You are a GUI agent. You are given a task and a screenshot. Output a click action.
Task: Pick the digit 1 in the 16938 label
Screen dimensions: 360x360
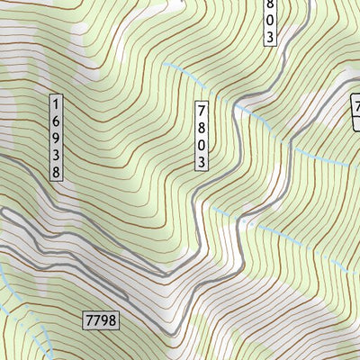pos(58,103)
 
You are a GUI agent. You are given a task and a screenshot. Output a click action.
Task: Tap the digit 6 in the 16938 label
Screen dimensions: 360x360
pos(58,119)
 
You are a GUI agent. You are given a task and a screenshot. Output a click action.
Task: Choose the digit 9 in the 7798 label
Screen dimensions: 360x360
pos(100,319)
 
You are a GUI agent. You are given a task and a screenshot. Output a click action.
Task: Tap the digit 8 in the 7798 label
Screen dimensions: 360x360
pos(112,319)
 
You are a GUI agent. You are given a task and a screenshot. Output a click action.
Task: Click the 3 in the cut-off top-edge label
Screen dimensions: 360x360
pos(269,37)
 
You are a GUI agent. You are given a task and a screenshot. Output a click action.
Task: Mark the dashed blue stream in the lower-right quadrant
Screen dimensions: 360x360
pos(297,238)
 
